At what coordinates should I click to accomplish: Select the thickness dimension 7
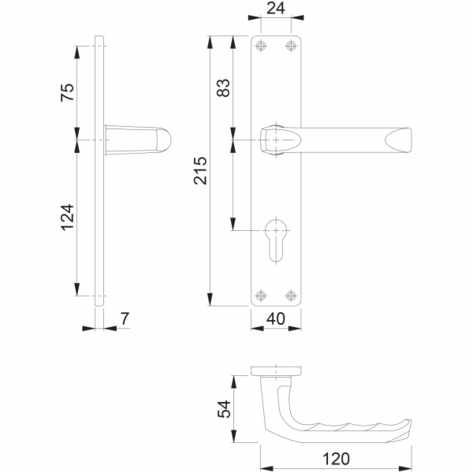tap(124, 321)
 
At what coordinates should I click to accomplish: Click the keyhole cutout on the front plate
tap(277, 240)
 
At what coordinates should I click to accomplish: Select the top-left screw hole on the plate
tap(262, 45)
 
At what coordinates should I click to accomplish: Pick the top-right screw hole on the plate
tap(291, 45)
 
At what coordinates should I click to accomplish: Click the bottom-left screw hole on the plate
tap(262, 296)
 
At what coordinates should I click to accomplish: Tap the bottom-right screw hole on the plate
tap(291, 296)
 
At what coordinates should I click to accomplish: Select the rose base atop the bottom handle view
tap(276, 370)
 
